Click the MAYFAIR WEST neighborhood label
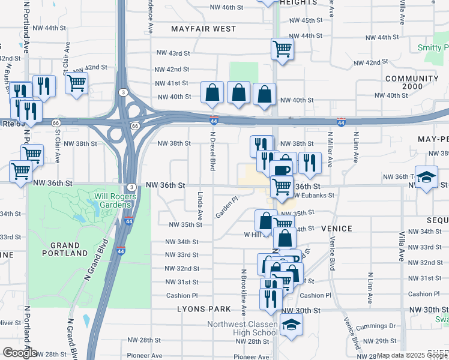click(203, 29)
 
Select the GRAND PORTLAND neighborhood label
click(65, 250)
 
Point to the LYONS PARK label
click(204, 309)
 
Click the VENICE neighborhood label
click(336, 229)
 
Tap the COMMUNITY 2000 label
click(412, 83)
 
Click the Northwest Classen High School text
click(243, 329)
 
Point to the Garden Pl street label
click(228, 207)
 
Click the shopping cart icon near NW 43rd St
click(282, 49)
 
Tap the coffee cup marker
click(280, 170)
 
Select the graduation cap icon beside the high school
click(292, 325)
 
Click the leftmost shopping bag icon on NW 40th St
click(212, 92)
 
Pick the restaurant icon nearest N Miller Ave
click(309, 163)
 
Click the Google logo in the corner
click(19, 353)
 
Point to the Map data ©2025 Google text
click(411, 355)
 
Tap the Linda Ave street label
click(200, 202)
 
